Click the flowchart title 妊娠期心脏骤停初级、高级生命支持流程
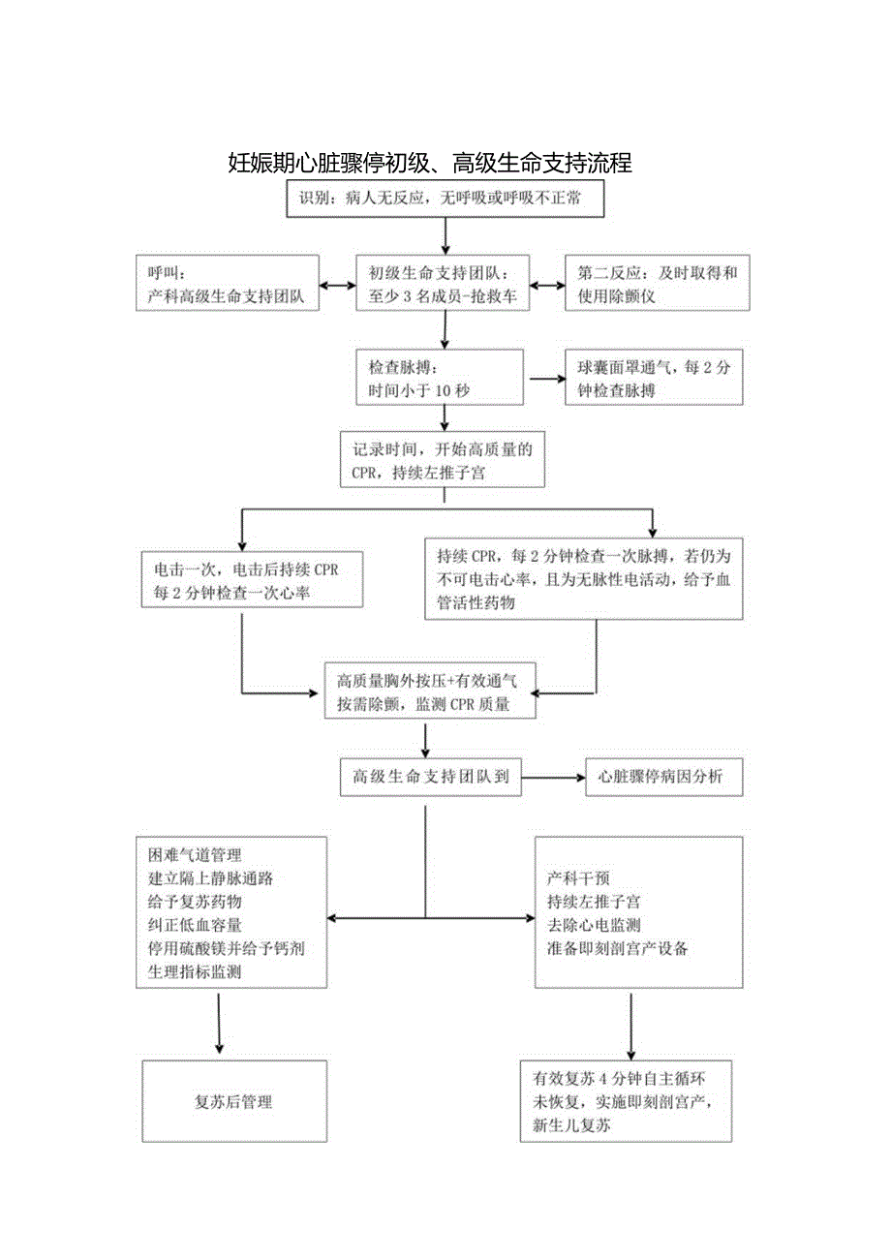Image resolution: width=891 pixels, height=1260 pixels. coord(430,163)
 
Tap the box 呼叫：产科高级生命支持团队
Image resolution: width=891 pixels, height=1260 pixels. coord(228,284)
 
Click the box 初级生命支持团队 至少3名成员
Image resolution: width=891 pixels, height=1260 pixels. coord(444,284)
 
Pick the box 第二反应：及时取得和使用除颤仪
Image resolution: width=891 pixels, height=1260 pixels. coord(657,284)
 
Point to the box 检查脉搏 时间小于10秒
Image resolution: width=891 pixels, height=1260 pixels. coord(440,378)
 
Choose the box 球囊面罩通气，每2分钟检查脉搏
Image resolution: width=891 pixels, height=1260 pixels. coord(654,378)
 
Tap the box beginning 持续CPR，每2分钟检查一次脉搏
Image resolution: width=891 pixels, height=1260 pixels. coord(584,579)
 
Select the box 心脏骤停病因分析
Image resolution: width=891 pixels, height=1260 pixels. coord(663,776)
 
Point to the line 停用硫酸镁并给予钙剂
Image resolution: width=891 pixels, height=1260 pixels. coord(227,946)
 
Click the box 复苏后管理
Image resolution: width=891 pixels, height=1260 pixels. coord(234,1101)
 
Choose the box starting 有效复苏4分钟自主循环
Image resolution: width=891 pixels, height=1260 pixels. coord(626,1101)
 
